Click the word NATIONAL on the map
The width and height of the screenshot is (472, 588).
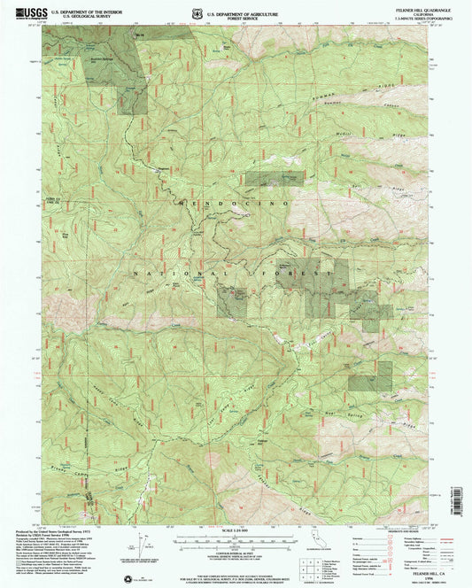point(157,275)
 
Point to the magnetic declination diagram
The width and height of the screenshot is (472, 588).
point(142,542)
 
